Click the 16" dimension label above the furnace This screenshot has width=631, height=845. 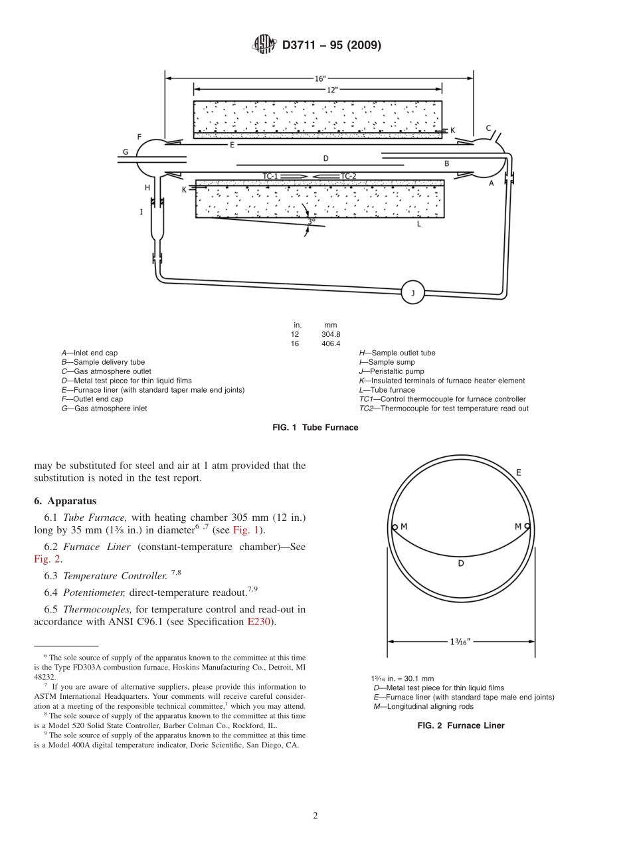coord(319,78)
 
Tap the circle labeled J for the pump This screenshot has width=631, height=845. coord(412,293)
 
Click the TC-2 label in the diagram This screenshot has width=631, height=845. coord(349,176)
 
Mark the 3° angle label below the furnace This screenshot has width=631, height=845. coord(311,222)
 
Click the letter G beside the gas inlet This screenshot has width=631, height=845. coord(125,151)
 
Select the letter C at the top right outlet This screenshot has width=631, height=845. coord(488,128)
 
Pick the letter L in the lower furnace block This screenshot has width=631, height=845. coord(418,225)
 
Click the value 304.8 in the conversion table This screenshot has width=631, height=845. coord(331,334)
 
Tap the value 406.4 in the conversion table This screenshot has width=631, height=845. coord(331,343)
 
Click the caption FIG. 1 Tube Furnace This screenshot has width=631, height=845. coord(315,427)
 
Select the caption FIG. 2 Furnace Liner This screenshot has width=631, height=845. coord(460,725)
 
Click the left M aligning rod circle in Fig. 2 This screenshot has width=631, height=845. coord(395,527)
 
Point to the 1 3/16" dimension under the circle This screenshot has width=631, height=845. coord(460,642)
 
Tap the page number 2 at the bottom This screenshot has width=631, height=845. coord(315,816)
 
